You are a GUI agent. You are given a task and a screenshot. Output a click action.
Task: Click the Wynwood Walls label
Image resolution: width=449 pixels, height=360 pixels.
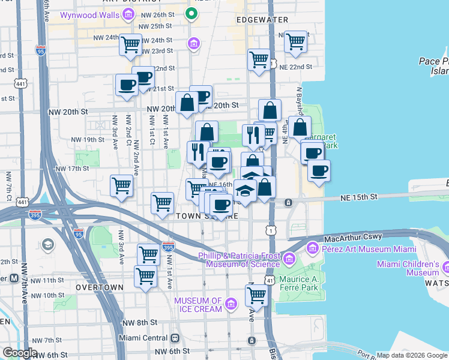point(90,13)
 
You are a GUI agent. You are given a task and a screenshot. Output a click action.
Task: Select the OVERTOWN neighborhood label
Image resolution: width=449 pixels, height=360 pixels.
point(100,287)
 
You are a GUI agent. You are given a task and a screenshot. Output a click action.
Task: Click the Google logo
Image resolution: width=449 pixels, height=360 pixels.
point(19,353)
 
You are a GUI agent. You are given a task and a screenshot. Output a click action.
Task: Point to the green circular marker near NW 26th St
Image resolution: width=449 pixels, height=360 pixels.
point(191,12)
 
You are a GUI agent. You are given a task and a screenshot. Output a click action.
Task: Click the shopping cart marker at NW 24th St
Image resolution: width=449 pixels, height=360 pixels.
point(130,44)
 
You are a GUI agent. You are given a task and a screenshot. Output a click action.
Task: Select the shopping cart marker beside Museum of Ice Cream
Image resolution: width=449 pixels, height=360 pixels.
point(256,295)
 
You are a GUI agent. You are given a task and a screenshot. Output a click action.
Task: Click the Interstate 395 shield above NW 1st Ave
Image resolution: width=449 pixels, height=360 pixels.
point(169,247)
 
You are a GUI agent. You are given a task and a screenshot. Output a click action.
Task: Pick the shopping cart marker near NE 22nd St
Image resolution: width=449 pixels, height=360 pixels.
point(259,59)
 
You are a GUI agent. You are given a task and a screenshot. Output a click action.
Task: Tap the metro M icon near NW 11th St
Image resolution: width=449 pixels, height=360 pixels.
point(13,279)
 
